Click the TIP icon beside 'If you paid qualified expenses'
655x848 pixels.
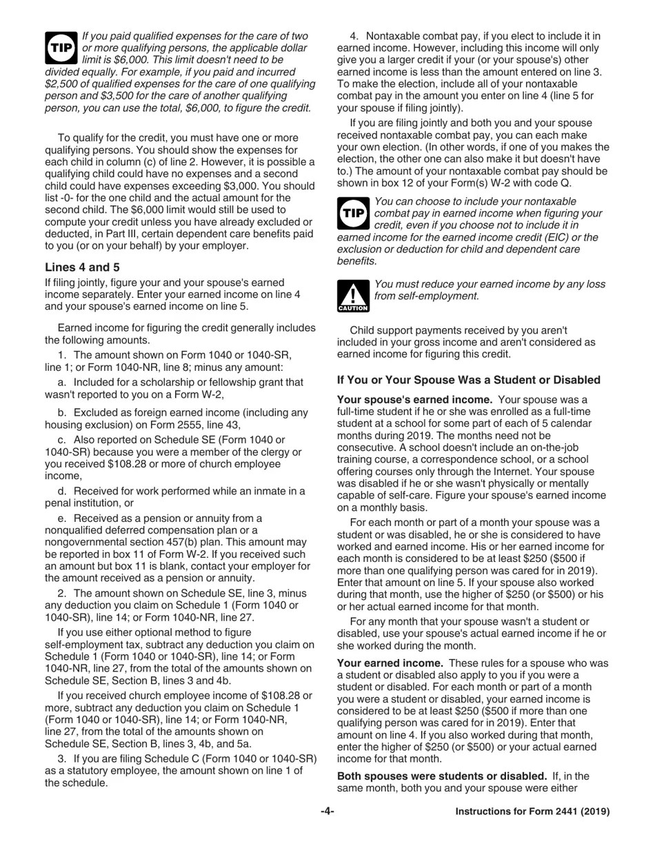point(61,48)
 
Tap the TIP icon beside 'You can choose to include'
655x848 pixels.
point(353,213)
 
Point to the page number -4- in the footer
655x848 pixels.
point(327,811)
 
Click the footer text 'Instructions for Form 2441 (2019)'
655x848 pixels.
point(532,811)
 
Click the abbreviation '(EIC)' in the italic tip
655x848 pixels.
point(517,237)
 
